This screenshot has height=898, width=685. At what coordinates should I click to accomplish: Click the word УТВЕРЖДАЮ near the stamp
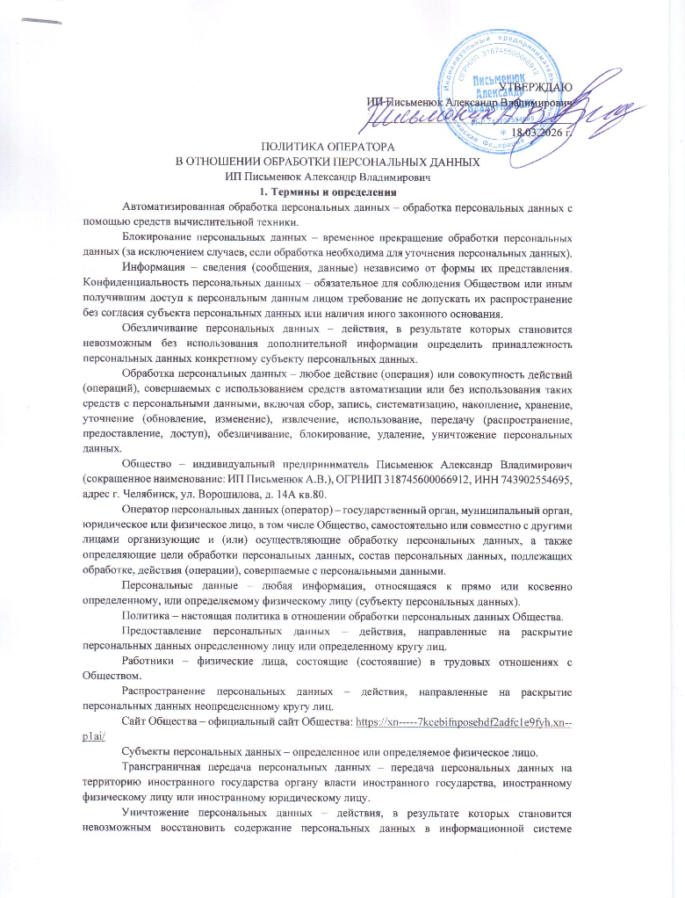pyautogui.click(x=542, y=87)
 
